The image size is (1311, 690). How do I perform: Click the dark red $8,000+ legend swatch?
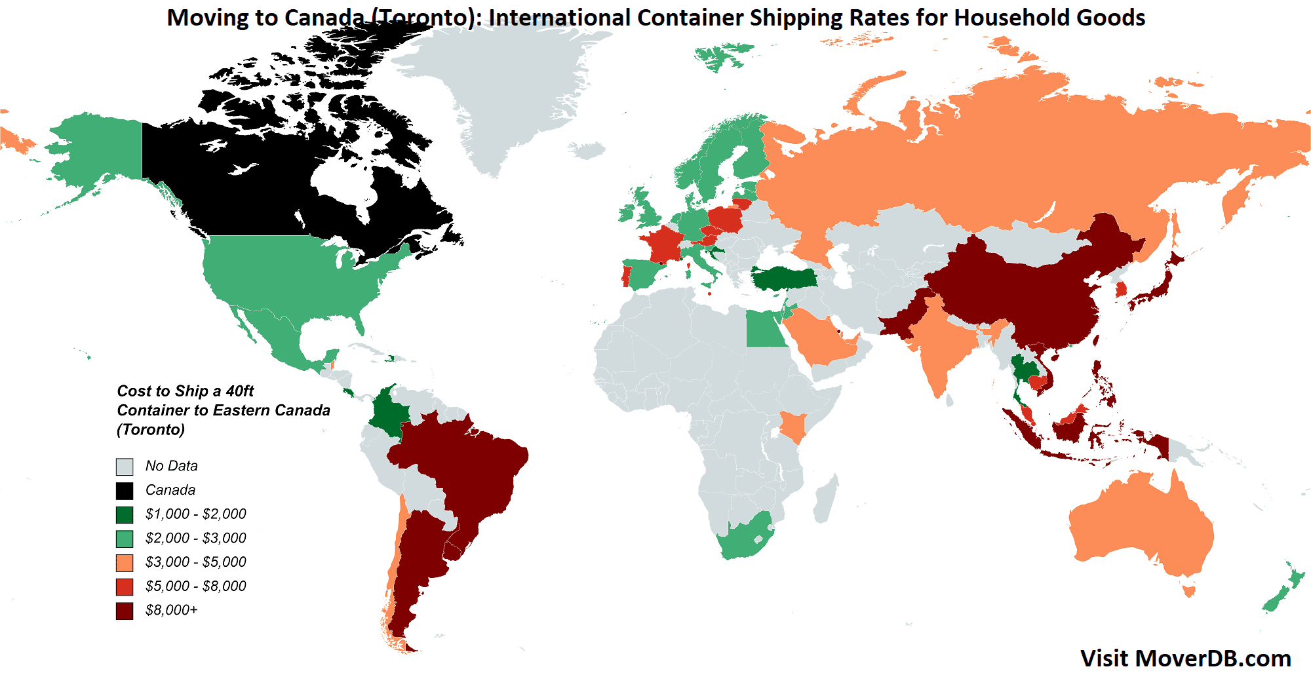[x=125, y=611]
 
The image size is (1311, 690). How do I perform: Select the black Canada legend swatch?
[x=125, y=491]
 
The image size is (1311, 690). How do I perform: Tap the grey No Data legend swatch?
[x=125, y=467]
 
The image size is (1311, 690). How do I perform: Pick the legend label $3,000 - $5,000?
[x=195, y=562]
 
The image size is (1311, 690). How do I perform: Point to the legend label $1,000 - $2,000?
[x=195, y=514]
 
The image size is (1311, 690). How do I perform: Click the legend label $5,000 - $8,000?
[x=195, y=586]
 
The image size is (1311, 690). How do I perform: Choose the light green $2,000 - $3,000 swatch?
[x=125, y=539]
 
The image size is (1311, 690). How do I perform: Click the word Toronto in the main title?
[x=420, y=18]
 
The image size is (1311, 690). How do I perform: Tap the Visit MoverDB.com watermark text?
[x=1185, y=659]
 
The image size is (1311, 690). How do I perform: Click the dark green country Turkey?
[x=783, y=278]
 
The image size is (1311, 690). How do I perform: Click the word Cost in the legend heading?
[x=134, y=391]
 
